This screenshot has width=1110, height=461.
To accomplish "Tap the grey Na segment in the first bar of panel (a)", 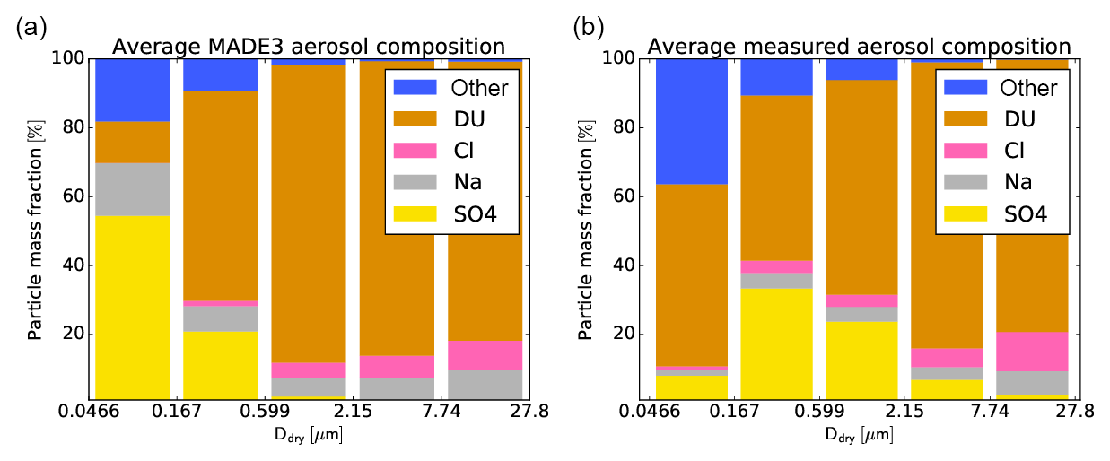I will pos(132,189).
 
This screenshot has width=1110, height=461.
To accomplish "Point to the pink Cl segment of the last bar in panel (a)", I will pos(485,354).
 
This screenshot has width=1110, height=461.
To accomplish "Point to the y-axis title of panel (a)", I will pos(34,229).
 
